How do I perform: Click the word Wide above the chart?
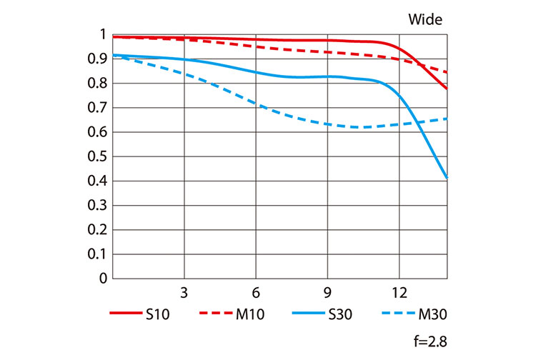click(425, 19)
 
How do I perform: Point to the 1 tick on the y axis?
click(103, 34)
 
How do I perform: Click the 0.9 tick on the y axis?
click(98, 59)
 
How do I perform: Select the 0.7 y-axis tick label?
click(98, 108)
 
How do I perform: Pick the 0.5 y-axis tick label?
click(98, 156)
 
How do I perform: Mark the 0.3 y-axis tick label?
click(98, 205)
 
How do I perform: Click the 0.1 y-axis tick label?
click(98, 254)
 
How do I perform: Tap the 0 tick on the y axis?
click(103, 279)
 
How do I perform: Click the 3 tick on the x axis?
click(184, 293)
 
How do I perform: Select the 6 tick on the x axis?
click(256, 293)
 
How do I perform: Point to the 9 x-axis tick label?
click(327, 293)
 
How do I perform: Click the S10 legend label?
click(161, 314)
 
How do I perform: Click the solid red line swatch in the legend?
click(125, 314)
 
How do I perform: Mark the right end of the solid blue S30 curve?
click(447, 178)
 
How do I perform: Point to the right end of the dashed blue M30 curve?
click(447, 119)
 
